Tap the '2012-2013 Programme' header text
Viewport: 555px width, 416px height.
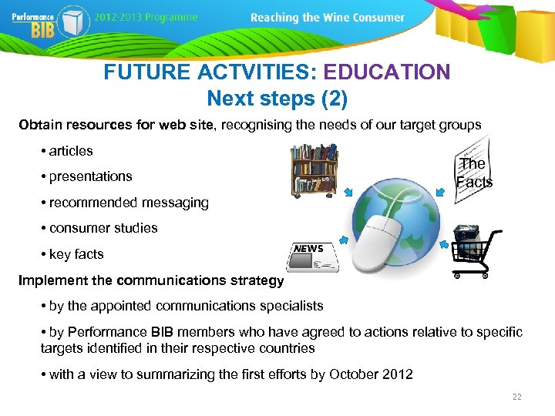coord(146,17)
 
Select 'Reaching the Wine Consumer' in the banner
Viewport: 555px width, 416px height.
coord(328,17)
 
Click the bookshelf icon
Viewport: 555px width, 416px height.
coord(314,169)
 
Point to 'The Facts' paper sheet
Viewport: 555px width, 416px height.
coord(473,171)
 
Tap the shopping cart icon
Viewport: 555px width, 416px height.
coord(476,253)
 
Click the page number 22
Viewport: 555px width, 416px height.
coord(516,397)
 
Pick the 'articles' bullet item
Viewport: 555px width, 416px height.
coord(70,151)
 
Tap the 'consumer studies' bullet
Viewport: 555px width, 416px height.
coord(103,228)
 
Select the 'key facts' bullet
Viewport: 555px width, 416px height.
coord(76,254)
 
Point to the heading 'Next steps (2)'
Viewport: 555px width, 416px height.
coord(277,99)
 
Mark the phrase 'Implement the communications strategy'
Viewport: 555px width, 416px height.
coord(151,280)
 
